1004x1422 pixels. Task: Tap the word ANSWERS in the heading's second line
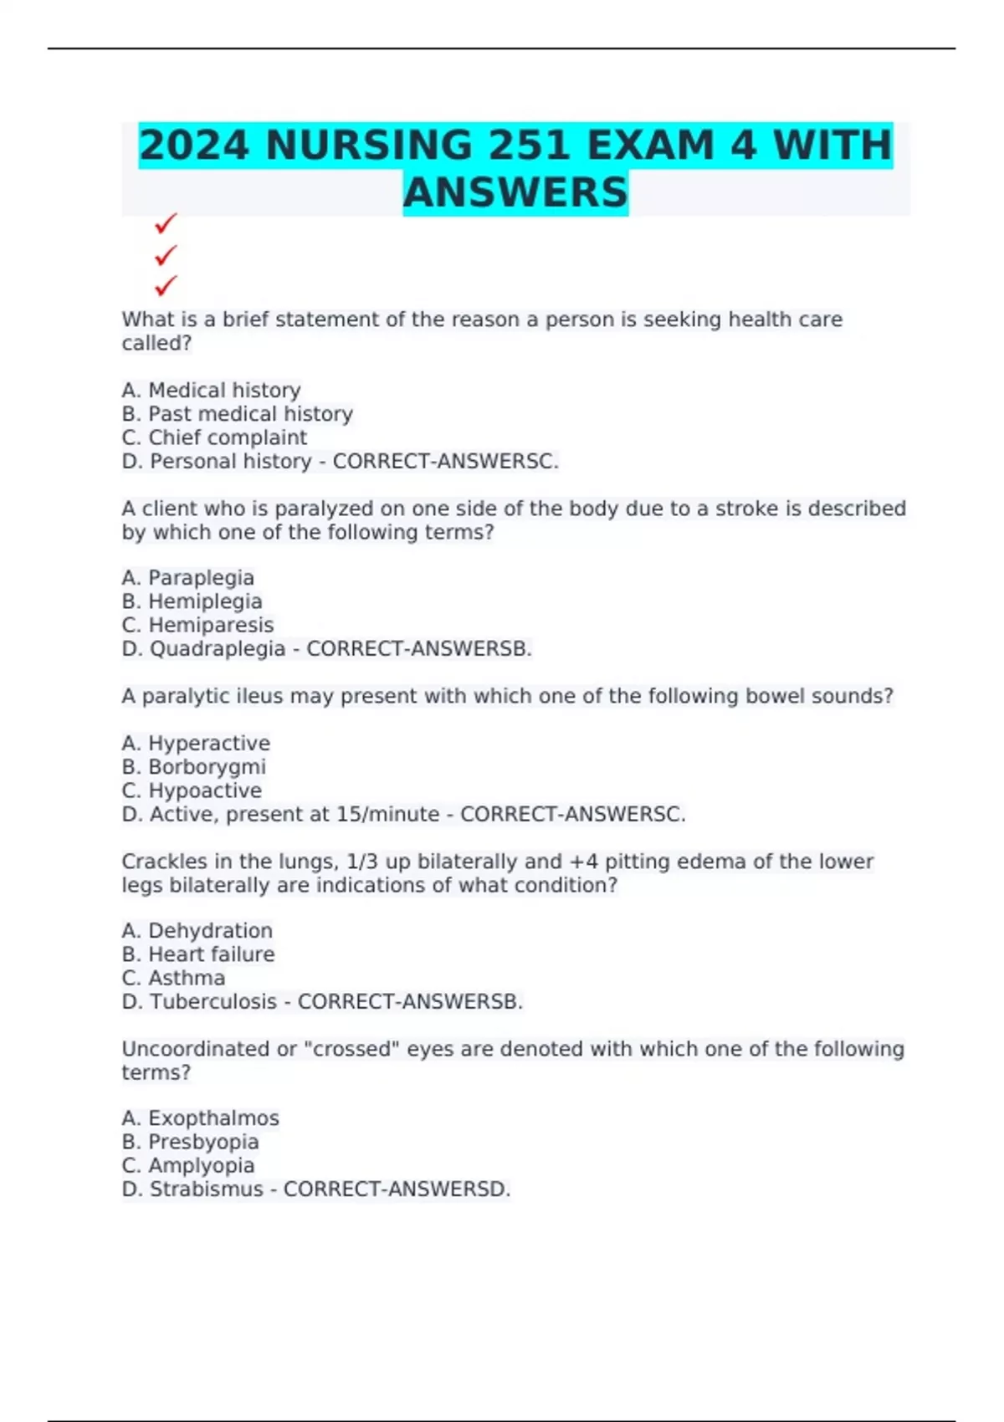[515, 192]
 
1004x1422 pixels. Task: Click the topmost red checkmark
[166, 223]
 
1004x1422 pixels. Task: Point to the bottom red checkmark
[166, 286]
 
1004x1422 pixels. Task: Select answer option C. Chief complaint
[214, 437]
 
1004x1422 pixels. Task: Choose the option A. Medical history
[211, 391]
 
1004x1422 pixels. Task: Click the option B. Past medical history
[237, 414]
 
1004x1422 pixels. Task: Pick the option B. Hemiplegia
[192, 601]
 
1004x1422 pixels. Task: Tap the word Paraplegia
[201, 578]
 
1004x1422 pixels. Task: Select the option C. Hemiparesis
[197, 625]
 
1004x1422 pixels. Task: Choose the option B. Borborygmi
[193, 767]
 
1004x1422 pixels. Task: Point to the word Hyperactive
[209, 744]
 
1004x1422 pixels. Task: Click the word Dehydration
[210, 931]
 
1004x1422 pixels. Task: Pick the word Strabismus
[207, 1189]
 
